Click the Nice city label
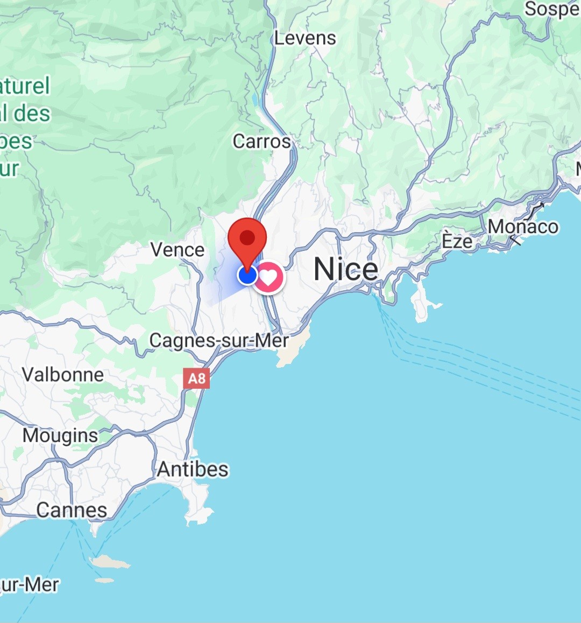click(x=346, y=269)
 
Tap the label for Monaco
click(x=523, y=227)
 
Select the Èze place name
click(x=457, y=241)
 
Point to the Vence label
click(x=178, y=250)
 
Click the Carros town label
click(x=261, y=142)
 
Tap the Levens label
click(x=305, y=38)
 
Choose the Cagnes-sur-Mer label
click(x=219, y=341)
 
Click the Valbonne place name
click(x=63, y=375)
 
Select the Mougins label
click(x=60, y=436)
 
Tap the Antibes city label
click(x=193, y=470)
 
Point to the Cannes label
click(x=72, y=510)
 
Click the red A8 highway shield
click(x=196, y=379)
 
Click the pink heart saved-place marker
click(x=268, y=277)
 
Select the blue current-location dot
click(x=247, y=275)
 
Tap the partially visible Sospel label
click(x=552, y=9)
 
